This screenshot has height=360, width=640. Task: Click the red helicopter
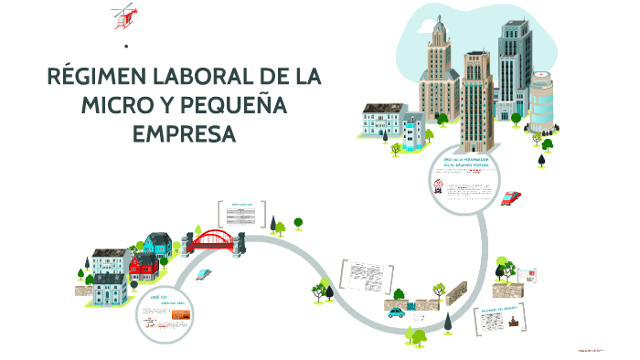[123, 15]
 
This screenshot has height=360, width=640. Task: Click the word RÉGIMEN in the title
[106, 77]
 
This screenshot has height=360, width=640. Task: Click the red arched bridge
[216, 239]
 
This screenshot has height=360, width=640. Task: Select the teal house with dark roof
[157, 244]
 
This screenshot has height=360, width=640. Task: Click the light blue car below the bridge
[208, 274]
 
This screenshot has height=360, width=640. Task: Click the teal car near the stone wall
[396, 312]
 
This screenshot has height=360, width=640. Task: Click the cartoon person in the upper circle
[440, 186]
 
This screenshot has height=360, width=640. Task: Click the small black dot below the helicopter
[124, 46]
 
